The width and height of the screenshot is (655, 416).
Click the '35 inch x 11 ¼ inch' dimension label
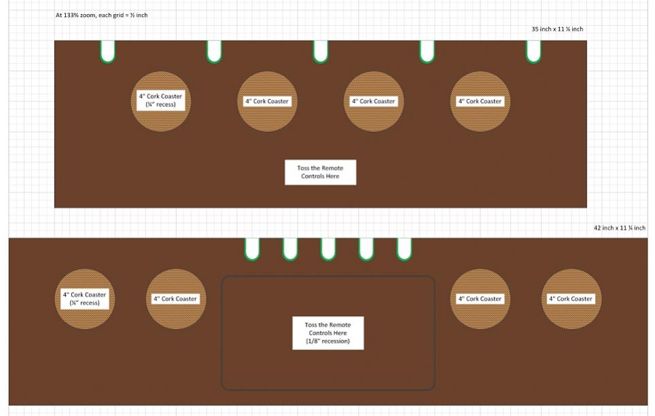(557, 29)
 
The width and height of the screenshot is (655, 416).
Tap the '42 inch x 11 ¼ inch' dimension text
(620, 228)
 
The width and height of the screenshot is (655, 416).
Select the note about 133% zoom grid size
(101, 15)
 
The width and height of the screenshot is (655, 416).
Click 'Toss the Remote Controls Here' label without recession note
(321, 172)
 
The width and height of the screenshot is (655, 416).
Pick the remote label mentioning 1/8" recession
(328, 333)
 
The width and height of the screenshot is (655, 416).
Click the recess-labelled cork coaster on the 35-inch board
(161, 101)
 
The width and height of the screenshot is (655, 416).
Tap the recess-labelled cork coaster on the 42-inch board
(85, 299)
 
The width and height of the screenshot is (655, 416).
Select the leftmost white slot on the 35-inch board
(108, 52)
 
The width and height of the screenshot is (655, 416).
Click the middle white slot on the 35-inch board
(321, 52)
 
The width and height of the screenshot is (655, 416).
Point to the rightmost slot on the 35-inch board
(533, 52)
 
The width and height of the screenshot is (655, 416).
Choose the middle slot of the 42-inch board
(328, 249)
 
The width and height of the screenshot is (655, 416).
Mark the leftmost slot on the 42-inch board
(252, 249)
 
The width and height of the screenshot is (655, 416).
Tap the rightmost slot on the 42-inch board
(404, 249)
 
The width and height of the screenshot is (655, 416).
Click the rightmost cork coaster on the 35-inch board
(480, 101)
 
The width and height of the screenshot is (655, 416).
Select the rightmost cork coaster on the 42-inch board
(571, 299)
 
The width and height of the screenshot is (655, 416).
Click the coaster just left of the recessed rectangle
(176, 299)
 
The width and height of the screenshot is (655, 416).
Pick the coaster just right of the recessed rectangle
(480, 299)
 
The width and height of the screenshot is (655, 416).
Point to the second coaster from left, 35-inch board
(267, 101)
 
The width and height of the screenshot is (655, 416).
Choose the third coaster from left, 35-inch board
(374, 101)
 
